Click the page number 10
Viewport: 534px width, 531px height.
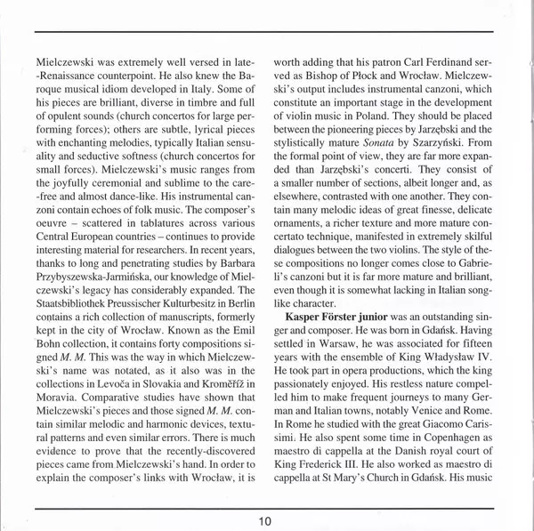coord(267,520)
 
